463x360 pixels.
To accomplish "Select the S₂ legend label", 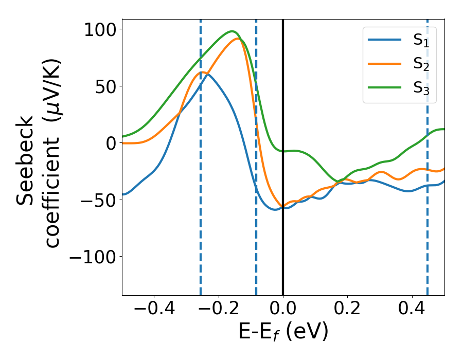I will click(421, 65).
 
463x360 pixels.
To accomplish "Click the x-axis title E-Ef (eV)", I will click(283, 333).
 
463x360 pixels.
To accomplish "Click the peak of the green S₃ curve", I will click(233, 31).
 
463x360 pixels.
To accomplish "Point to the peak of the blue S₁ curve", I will click(207, 74).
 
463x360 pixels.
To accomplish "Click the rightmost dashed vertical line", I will click(428, 206).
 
